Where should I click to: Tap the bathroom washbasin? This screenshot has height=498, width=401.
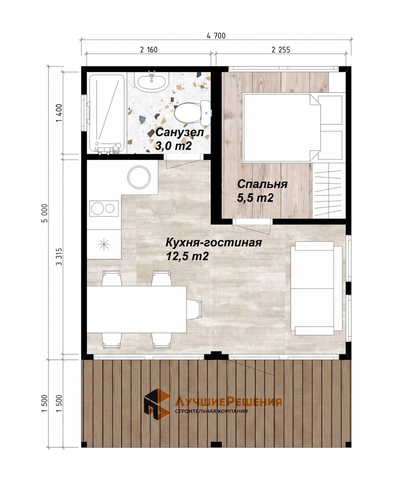point(152,81)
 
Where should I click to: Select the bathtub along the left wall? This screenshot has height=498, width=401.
point(106,113)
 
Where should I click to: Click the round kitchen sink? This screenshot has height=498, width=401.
point(139,178)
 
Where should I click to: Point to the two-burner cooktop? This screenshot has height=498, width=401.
point(104,208)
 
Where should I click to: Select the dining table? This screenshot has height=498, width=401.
point(136,309)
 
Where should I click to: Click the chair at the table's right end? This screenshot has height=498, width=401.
point(195,309)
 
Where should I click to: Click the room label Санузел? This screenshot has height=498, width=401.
point(179,132)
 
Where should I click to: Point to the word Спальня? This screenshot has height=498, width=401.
point(262,184)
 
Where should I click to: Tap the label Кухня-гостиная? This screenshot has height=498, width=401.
point(214,243)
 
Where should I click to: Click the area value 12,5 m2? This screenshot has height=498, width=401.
point(187,256)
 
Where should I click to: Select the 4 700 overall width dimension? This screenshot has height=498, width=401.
point(216,36)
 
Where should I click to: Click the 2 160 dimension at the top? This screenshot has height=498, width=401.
point(148,49)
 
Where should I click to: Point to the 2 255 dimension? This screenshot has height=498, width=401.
point(281,49)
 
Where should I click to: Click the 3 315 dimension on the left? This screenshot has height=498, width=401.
point(59,257)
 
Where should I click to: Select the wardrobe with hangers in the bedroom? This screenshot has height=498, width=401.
point(329,190)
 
